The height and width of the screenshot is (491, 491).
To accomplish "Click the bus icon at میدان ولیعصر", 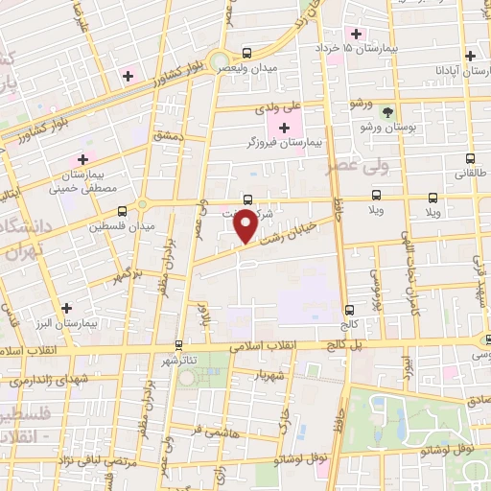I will click(246, 53).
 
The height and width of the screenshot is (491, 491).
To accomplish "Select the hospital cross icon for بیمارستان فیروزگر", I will click(285, 129).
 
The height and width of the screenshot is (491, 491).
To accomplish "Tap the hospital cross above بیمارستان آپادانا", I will click(469, 56).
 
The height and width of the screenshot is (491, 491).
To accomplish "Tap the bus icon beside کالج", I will click(348, 309).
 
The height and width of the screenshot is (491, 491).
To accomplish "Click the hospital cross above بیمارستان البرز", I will click(66, 308).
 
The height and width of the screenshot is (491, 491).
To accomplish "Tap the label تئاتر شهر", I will click(179, 359).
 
